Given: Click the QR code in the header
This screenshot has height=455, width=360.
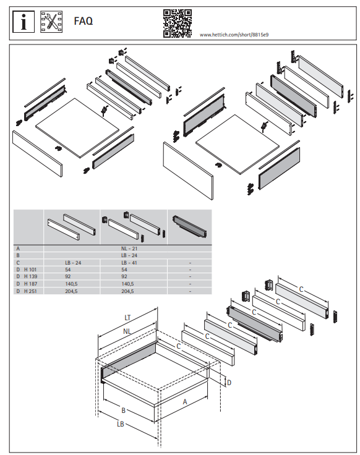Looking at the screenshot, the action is point(177,23).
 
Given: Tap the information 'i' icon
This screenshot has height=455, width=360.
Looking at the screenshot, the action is point(24,22).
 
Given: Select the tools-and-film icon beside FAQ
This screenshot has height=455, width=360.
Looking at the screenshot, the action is point(51,22).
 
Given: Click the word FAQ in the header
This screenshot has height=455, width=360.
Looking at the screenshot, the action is point(84,21).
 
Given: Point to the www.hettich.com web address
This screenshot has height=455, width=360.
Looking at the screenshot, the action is point(234,35).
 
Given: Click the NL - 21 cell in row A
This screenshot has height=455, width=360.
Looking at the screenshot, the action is point(129,249).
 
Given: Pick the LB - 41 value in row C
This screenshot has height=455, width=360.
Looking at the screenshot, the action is point(129,263).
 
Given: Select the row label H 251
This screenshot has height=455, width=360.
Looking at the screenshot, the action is point(30,291).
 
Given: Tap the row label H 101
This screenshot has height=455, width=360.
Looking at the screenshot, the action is point(30,270).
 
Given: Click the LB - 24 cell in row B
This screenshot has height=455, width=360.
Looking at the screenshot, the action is point(129,255).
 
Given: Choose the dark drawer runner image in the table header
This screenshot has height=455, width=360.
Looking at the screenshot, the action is point(190,227).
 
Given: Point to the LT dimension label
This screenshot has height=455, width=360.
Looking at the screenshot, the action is point(127,318).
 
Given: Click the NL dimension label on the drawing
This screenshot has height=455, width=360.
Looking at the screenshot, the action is point(127,331).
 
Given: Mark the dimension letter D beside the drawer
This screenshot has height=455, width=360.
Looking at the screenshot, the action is point(229,383).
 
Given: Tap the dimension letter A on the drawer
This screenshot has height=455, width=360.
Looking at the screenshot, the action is point(185,402).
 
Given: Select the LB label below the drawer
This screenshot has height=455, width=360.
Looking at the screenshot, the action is point(121,424).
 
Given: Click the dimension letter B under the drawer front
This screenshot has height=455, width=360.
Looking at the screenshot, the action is point(123,410).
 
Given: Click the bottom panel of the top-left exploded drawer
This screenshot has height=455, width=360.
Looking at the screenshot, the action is point(77,128).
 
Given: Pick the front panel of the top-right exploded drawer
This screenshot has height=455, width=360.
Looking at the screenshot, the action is point(188,171).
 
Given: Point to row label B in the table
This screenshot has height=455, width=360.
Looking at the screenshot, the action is point(18,255).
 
